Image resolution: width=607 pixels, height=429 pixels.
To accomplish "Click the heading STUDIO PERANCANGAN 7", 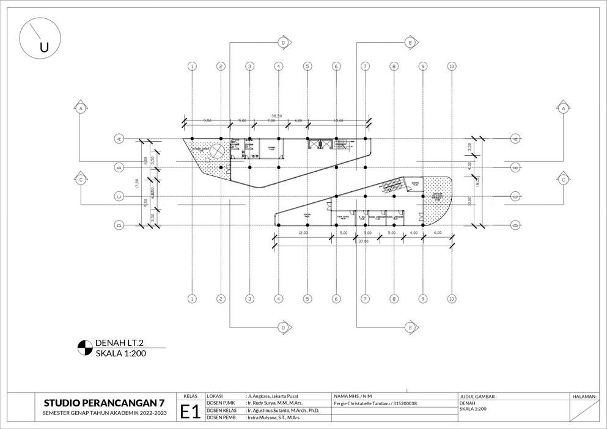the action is pos(104,403).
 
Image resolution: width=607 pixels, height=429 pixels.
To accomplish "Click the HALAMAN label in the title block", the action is pos(584,396).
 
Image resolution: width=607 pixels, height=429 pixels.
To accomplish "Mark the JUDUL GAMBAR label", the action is pos(478,396).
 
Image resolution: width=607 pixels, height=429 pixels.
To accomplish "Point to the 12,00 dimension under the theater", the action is pos(304,233).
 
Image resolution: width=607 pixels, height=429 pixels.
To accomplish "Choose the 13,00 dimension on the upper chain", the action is pos(339,120).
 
